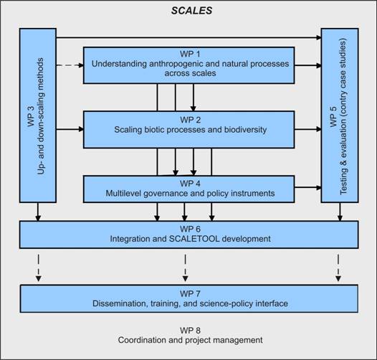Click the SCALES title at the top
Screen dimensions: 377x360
pyautogui.click(x=191, y=11)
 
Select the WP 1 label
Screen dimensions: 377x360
pyautogui.click(x=190, y=54)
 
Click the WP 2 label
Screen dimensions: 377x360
pyautogui.click(x=190, y=120)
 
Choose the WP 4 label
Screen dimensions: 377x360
pyautogui.click(x=190, y=184)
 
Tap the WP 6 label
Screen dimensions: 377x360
pyautogui.click(x=190, y=229)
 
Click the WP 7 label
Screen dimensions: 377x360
pyautogui.click(x=190, y=293)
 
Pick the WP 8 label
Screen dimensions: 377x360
pyautogui.click(x=190, y=331)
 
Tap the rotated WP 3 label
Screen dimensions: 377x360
pyautogui.click(x=32, y=116)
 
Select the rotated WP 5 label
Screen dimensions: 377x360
pyautogui.click(x=333, y=116)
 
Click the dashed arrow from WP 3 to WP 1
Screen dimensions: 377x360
pyautogui.click(x=70, y=65)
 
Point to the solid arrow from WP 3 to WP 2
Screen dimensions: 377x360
pyautogui.click(x=70, y=130)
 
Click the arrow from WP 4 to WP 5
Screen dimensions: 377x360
pyautogui.click(x=308, y=187)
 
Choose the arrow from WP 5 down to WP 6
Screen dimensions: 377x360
pyautogui.click(x=340, y=212)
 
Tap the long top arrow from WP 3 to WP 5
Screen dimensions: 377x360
pyautogui.click(x=188, y=37)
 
